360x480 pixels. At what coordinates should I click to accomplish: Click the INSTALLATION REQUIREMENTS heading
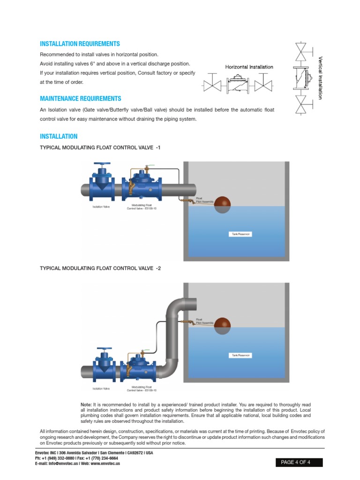80,44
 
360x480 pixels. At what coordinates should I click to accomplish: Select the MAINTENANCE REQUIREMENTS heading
80,98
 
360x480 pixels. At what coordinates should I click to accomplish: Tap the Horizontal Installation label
249,67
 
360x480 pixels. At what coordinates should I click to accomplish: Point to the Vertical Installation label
320,78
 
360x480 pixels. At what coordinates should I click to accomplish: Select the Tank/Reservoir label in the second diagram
241,355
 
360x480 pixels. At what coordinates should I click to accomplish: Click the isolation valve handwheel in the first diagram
102,165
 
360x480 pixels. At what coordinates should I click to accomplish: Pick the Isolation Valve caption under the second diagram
101,389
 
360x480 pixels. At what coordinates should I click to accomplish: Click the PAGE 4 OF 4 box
299,462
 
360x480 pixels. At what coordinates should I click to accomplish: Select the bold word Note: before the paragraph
86,404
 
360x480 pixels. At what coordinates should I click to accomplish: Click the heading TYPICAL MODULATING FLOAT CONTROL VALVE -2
100,268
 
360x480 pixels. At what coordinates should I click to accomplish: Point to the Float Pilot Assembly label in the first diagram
205,200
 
